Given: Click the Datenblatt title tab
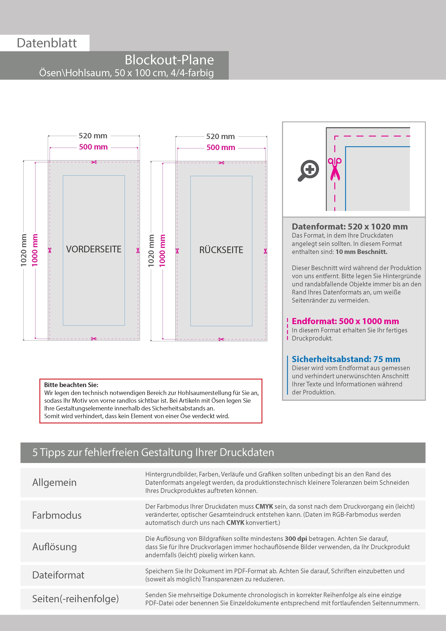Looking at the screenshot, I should coord(47,43).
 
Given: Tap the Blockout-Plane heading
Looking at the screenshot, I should coord(169,60).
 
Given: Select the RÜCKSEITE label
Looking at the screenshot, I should coord(221,250).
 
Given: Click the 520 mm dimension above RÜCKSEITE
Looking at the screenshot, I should coord(220,137).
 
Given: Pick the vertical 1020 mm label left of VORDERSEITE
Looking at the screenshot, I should coord(24,250).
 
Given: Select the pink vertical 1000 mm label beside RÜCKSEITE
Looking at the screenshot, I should coord(162,250).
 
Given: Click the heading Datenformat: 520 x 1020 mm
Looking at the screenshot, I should coord(350,227).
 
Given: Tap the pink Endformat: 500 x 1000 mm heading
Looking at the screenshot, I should coord(345,321).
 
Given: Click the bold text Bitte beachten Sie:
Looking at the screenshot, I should coord(71,385).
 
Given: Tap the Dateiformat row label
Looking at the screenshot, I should coord(58,575).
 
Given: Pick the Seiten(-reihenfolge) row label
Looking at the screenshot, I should coord(76,599).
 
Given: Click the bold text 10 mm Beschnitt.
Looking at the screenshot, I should coord(361,252).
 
